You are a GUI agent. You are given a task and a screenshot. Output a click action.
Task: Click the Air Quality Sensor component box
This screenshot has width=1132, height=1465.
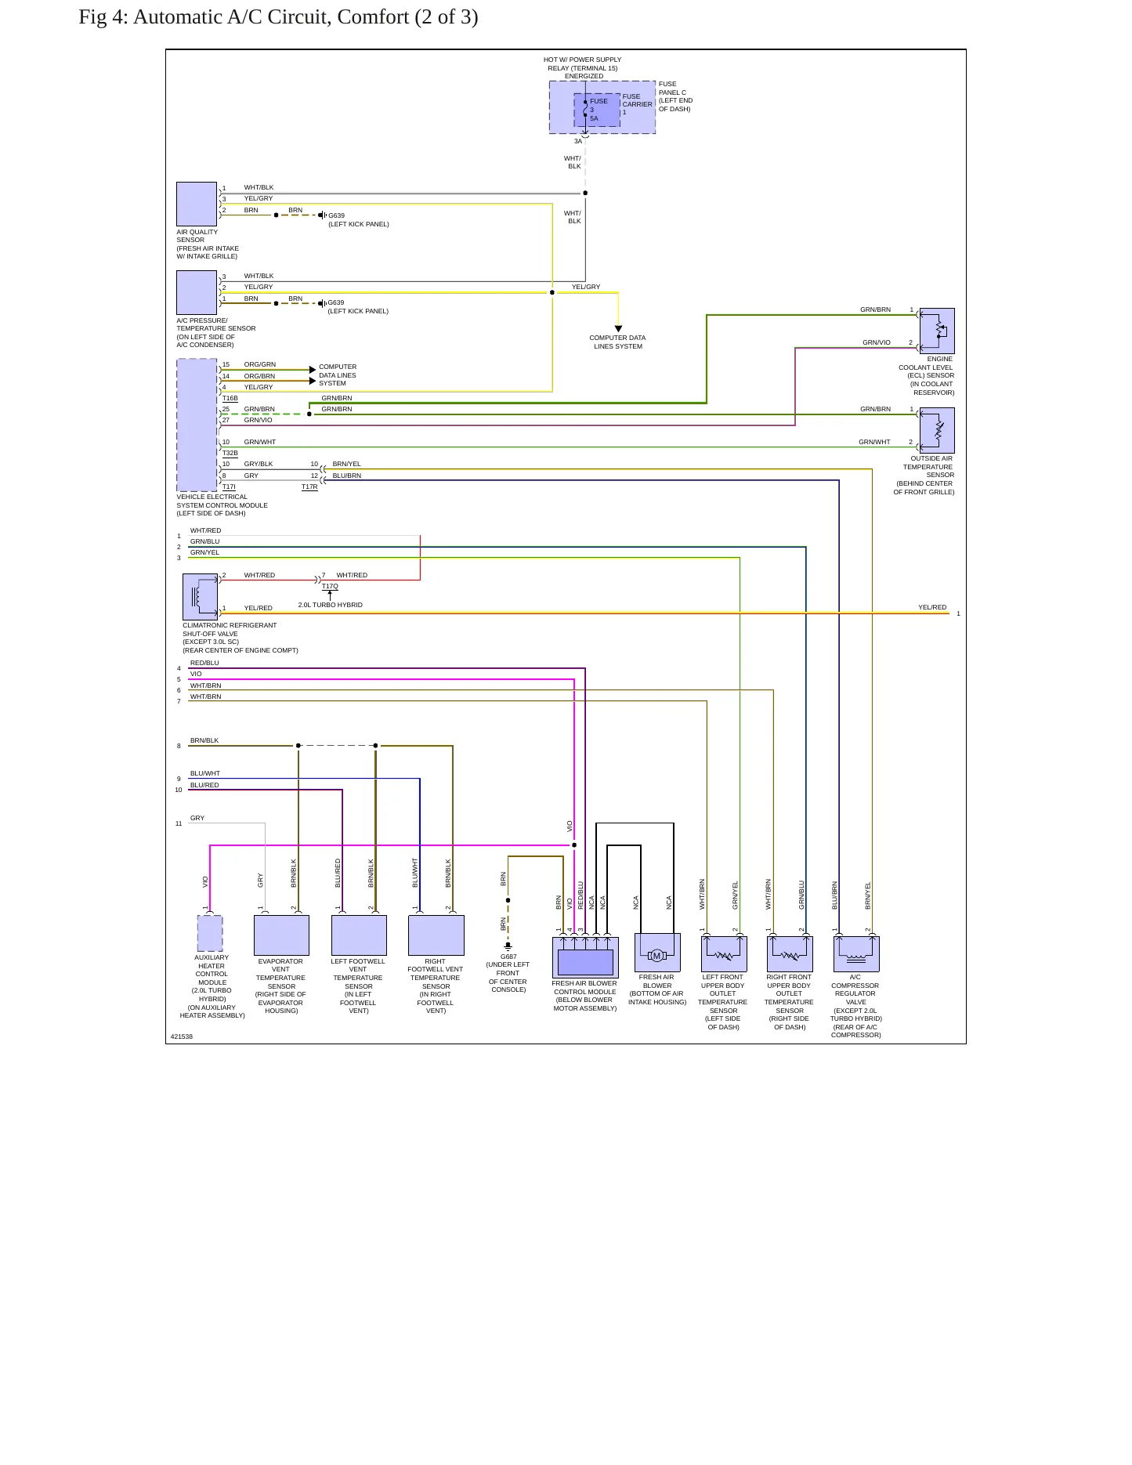[x=197, y=204]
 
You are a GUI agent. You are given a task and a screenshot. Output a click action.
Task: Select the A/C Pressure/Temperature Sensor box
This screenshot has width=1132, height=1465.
[x=197, y=292]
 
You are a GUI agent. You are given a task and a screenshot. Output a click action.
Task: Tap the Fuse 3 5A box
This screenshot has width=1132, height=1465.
[x=597, y=110]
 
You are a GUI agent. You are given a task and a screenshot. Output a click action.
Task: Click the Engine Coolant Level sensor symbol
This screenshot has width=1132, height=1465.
[x=937, y=331]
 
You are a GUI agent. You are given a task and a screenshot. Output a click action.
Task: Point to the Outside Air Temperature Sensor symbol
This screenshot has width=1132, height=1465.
[x=937, y=430]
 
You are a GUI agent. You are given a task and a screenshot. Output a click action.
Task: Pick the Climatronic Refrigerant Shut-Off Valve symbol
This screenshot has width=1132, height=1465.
[x=200, y=597]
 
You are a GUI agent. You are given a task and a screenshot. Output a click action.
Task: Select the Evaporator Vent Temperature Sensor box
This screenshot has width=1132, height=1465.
[x=281, y=935]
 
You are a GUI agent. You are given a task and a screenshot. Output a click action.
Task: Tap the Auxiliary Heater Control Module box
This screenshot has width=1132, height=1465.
[x=210, y=934]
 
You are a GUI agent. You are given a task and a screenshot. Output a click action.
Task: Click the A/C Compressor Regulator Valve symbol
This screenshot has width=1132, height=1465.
[x=856, y=954]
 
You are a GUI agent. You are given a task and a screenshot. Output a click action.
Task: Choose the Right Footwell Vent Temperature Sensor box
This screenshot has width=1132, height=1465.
[x=436, y=935]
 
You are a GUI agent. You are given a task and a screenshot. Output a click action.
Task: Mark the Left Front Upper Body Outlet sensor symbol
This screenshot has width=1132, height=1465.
[x=724, y=954]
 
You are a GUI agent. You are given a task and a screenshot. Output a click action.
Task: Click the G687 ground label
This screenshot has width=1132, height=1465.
[x=508, y=957]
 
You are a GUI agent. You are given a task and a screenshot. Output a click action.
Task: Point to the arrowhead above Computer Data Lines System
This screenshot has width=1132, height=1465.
[x=618, y=329]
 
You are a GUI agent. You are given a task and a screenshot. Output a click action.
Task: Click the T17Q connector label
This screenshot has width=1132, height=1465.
[x=330, y=586]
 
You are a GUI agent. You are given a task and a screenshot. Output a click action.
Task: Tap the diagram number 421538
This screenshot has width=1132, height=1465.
[x=182, y=1036]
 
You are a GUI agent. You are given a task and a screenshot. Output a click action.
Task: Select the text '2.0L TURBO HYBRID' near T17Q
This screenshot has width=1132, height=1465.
[x=330, y=605]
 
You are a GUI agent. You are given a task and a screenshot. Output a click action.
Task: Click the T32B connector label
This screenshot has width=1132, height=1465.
[x=230, y=453]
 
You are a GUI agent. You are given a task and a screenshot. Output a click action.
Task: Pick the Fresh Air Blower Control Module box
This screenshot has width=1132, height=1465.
[x=585, y=957]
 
